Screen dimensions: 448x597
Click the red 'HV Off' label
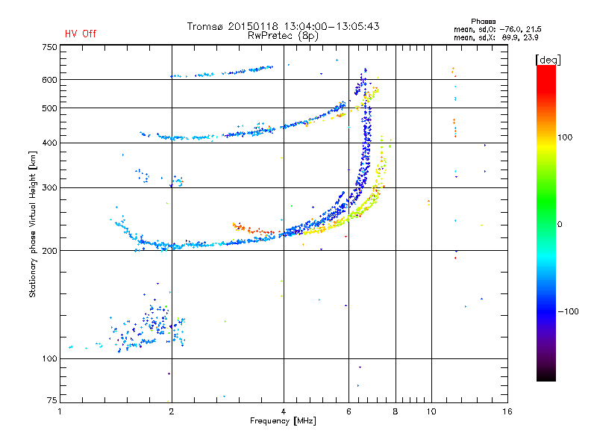81,34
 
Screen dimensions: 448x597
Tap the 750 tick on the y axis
49,46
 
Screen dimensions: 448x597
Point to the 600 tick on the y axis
49,80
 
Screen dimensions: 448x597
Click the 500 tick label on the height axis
49,108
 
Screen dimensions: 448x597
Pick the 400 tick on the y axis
49,143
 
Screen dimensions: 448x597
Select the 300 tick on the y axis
49,187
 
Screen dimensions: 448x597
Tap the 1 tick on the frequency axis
60,411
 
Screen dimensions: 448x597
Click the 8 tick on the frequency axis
396,411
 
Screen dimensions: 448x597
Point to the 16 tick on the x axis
507,411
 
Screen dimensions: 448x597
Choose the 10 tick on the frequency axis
431,411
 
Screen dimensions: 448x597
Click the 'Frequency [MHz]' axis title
283,421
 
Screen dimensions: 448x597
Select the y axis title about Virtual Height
33,225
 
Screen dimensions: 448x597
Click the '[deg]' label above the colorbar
548,59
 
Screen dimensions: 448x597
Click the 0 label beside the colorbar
561,224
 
